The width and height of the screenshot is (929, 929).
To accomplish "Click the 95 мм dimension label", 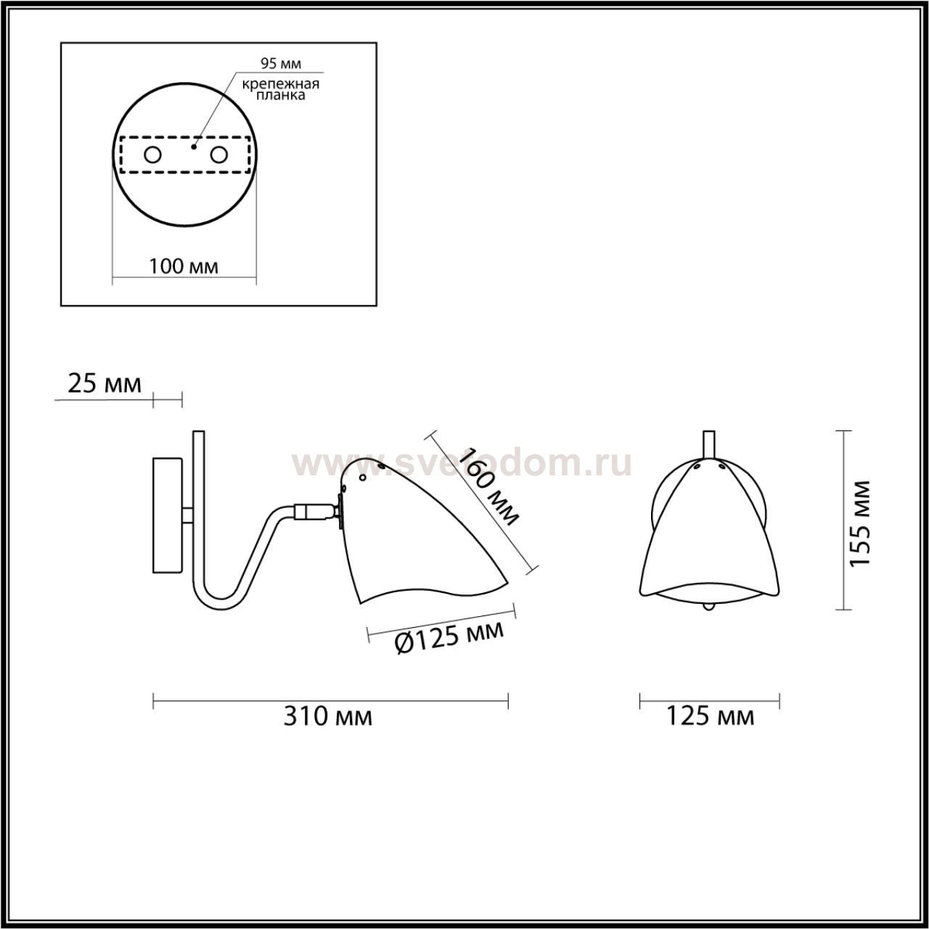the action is (281, 63).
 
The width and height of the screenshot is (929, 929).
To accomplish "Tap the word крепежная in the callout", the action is (281, 84).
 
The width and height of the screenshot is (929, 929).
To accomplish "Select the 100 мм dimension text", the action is (184, 266).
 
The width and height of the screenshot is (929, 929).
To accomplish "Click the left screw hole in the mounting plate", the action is (153, 155).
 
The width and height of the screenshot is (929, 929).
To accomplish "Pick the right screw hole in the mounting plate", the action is (218, 155).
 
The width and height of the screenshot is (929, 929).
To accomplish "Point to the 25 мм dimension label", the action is (105, 384).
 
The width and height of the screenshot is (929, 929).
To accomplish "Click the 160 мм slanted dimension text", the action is (488, 486).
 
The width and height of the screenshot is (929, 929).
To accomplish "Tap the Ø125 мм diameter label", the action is (449, 637).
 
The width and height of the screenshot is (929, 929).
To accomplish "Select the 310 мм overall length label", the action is (328, 730).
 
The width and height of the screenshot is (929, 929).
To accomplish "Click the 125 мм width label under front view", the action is (710, 730).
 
